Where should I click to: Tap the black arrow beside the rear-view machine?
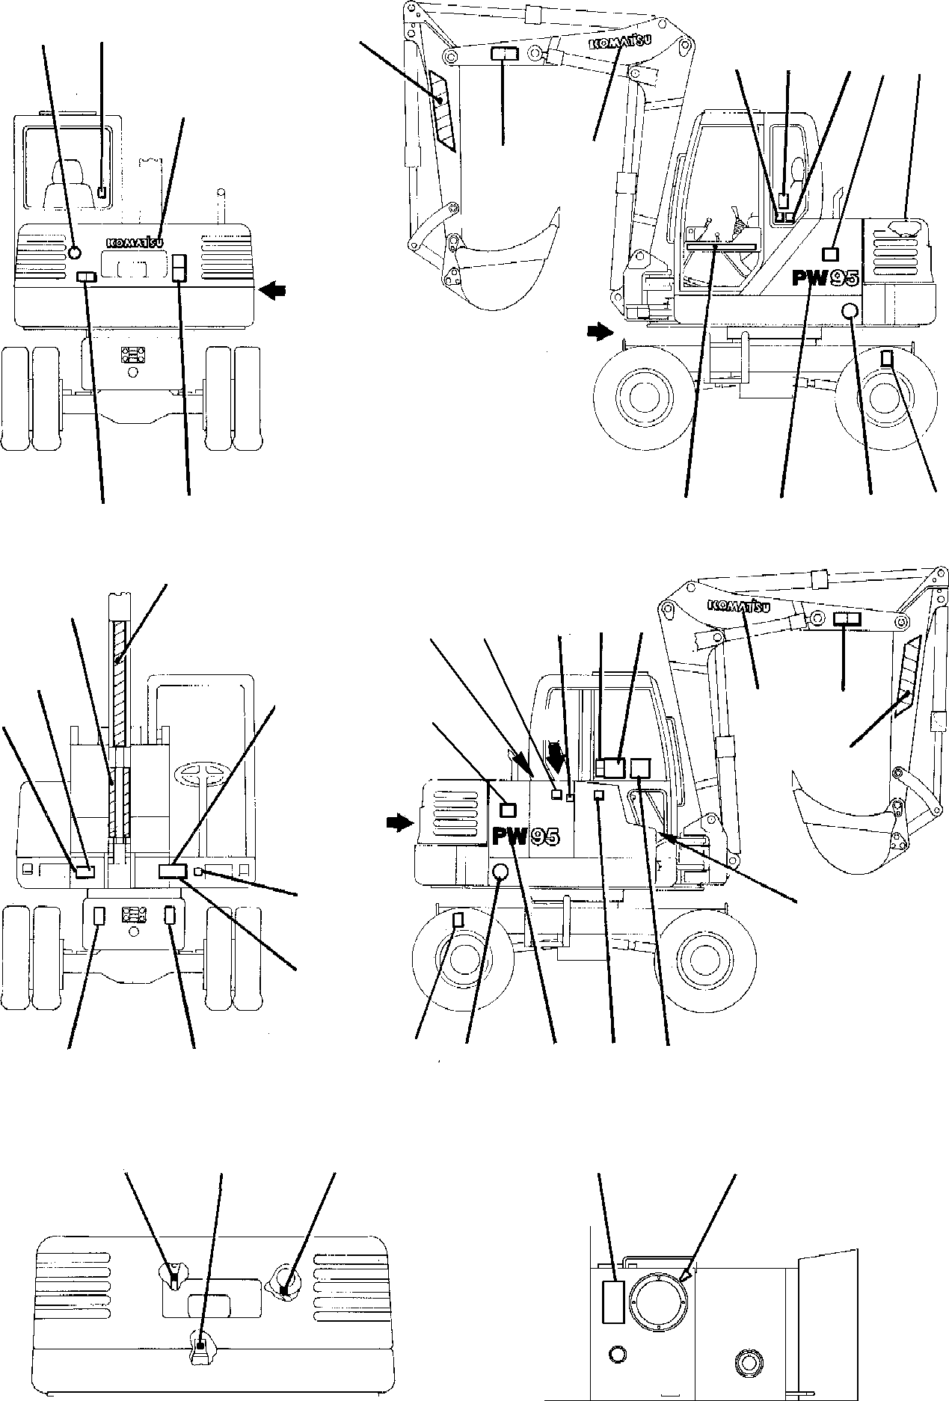271,292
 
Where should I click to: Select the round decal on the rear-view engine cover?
74,254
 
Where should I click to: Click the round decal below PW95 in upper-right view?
850,312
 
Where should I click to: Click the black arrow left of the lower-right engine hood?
399,823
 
